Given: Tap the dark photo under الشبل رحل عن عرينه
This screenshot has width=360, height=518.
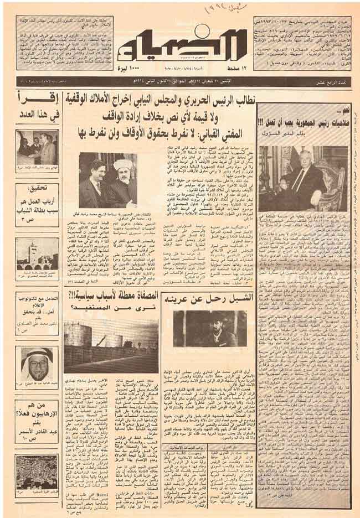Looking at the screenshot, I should (209, 328).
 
